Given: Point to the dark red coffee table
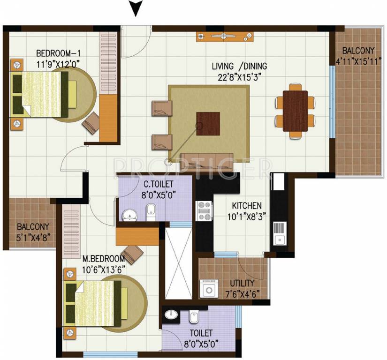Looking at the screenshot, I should click(208, 123).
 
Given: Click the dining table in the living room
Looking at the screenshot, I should click(296, 111).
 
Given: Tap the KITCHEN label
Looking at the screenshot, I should click(246, 206).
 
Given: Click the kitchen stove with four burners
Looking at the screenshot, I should click(205, 210).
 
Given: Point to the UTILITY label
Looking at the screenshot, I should click(242, 283).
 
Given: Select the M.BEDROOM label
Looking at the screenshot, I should click(104, 259).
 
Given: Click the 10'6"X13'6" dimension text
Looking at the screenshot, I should click(104, 268).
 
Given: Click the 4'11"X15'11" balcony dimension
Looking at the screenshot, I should click(358, 60).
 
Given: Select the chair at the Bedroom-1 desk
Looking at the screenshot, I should click(90, 122).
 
